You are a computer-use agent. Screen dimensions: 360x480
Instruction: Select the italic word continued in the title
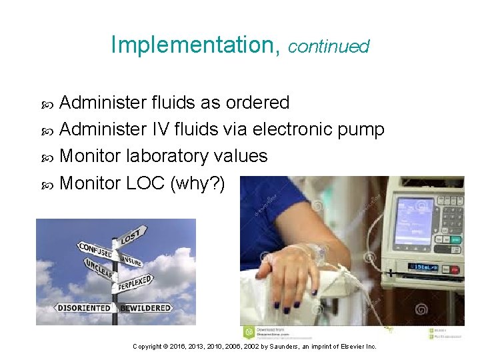click(329, 46)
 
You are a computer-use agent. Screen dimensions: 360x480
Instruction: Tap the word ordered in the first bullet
click(257, 103)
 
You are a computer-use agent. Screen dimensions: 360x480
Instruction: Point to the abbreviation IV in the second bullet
click(157, 129)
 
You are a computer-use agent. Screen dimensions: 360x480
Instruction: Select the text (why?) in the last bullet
click(198, 183)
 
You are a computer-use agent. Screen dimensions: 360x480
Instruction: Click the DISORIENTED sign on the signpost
click(84, 308)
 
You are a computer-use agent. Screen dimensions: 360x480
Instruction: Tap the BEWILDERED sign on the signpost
click(146, 308)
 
